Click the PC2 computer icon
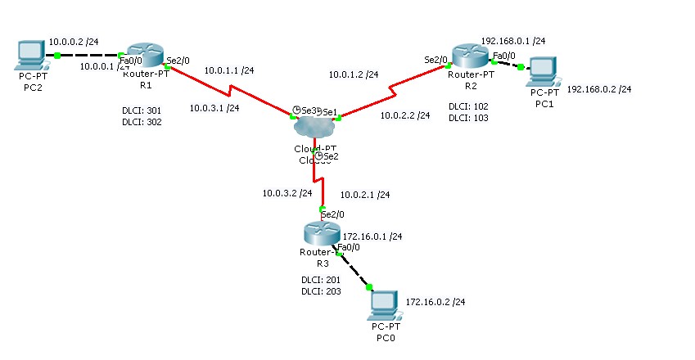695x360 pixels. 30,56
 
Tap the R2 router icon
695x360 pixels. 469,56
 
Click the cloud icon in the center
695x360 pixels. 314,128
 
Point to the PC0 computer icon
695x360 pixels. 383,304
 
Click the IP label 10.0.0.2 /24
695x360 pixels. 74,40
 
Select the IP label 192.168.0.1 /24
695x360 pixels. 513,40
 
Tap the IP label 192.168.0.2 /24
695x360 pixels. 599,89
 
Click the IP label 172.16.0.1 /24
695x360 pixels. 372,236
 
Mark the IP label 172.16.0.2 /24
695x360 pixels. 436,302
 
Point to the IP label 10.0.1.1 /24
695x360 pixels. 228,71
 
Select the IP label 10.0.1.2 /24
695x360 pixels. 354,74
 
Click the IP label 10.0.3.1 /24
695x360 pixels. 214,107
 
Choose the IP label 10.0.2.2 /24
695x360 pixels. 405,116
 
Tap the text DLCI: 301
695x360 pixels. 141,110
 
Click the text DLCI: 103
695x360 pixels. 468,119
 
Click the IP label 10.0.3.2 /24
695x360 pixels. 287,194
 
